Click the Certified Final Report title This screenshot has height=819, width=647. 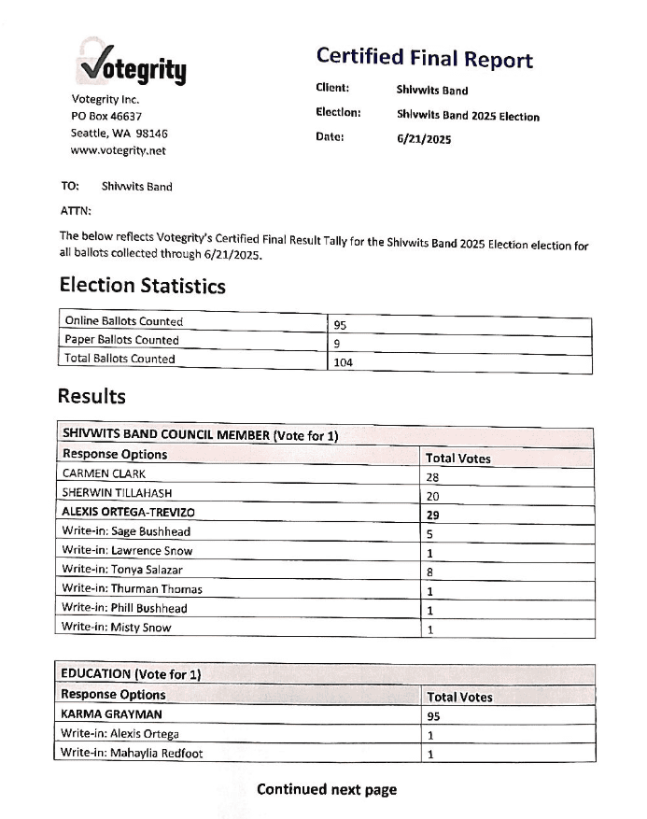point(424,58)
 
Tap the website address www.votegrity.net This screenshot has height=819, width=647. point(119,149)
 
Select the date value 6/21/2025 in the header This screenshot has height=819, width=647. point(424,139)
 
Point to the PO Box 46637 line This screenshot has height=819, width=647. point(106,116)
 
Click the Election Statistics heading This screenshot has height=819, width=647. point(142,286)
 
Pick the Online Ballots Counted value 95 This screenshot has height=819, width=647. point(341,325)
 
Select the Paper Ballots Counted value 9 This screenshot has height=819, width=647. point(337,343)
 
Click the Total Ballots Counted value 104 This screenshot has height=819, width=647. point(344,361)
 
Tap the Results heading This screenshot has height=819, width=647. point(91,396)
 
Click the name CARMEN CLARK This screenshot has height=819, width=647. point(104,473)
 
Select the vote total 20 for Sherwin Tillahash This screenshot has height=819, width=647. point(432,495)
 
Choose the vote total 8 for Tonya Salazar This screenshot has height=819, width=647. point(429,571)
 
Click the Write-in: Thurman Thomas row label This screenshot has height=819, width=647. point(132,589)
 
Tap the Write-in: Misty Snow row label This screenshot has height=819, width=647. point(117,628)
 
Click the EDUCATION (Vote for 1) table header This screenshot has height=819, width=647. point(131,673)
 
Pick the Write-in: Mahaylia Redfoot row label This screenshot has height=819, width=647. point(132,753)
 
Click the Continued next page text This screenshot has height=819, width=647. point(327,789)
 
